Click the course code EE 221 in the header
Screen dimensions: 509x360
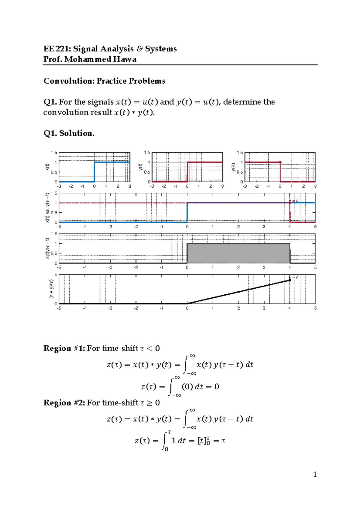coord(57,49)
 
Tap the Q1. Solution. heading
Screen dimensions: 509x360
coord(69,133)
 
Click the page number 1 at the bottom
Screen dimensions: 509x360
coord(315,474)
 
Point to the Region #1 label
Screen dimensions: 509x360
coord(64,348)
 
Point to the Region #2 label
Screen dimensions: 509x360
coord(64,403)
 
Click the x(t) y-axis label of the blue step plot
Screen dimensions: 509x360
coord(47,167)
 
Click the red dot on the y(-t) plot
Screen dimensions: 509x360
coord(280,162)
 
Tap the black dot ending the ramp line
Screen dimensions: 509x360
coord(290,280)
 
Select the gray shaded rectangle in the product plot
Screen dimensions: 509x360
coord(238,253)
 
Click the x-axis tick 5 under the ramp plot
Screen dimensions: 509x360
coord(315,308)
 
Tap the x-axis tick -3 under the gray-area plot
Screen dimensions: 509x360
coord(110,267)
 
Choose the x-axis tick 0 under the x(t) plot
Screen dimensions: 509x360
coord(94,186)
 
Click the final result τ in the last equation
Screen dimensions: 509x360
coord(223,441)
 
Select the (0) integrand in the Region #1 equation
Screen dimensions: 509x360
coord(187,387)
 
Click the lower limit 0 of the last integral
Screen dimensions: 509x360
coord(166,449)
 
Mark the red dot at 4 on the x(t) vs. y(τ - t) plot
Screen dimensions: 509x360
coord(290,203)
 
